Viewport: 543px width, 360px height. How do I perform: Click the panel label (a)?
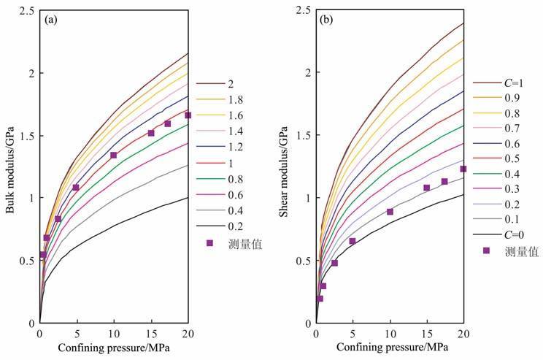[52, 20]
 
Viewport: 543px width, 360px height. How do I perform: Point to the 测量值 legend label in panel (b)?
[521, 250]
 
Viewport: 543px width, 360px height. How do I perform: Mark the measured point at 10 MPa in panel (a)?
[114, 155]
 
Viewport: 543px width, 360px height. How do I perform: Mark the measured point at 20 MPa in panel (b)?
[463, 169]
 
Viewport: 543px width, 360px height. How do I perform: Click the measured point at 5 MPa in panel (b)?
[353, 241]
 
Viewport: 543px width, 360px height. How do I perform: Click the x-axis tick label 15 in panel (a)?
[150, 334]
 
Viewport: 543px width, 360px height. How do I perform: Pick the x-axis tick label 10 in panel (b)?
[390, 334]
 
